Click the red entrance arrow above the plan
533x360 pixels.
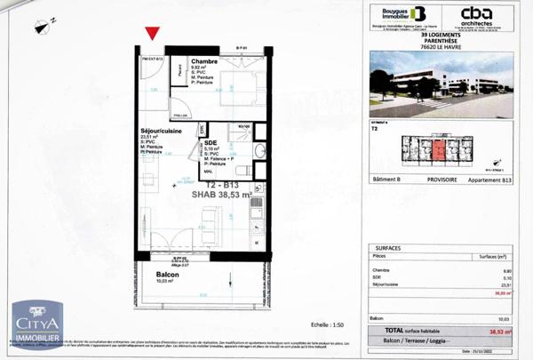coord(153,34)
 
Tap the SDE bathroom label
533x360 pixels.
coord(211,142)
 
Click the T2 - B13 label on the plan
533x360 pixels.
coord(220,183)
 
